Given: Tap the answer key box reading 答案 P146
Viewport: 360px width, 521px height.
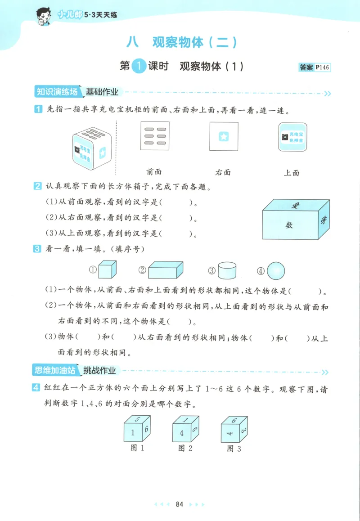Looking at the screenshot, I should [x=315, y=67].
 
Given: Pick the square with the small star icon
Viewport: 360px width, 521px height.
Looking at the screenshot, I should [x=224, y=136].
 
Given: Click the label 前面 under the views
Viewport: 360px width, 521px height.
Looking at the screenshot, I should [x=154, y=171].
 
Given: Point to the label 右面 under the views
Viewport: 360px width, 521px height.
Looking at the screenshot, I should [x=223, y=171].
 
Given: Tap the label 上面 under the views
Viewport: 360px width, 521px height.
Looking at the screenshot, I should [x=292, y=172].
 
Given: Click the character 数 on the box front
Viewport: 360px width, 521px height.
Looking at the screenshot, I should [x=289, y=225].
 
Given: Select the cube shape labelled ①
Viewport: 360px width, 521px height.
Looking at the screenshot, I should [x=107, y=270].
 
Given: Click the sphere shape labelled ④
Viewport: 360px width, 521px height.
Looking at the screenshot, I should [x=276, y=271].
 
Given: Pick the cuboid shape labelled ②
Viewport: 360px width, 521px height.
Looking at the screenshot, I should [x=166, y=271].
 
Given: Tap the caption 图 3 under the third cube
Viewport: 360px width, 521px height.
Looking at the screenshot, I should [x=234, y=449].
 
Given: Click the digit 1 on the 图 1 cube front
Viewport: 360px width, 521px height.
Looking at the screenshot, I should [x=133, y=433].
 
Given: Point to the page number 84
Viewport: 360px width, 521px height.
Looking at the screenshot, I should [x=180, y=504].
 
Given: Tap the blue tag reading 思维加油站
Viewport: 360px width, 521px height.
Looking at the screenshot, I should [x=56, y=371].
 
